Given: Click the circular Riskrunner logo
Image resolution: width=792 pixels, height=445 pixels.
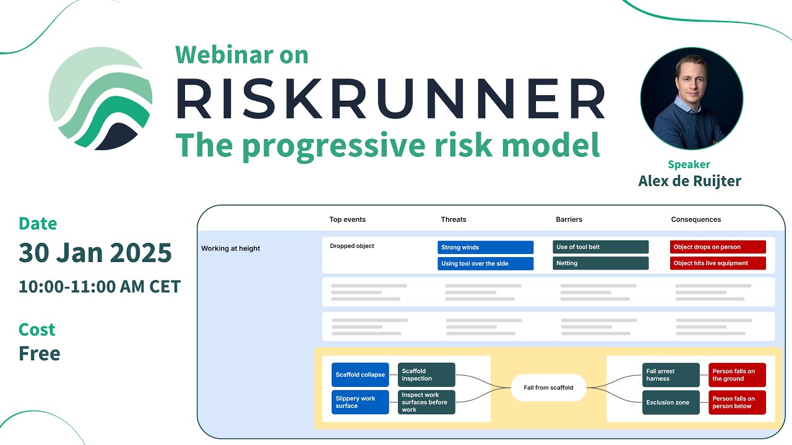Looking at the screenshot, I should pos(101,98).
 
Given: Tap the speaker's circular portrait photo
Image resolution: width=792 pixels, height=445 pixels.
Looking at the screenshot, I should pos(691,98).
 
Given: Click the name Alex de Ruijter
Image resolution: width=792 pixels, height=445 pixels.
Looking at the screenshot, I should pos(689,180).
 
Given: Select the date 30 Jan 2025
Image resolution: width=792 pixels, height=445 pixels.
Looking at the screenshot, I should pos(95,253).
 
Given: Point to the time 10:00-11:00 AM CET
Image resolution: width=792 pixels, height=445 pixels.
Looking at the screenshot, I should pos(100,287).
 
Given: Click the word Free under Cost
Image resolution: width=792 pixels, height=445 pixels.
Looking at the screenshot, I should pos(40,354).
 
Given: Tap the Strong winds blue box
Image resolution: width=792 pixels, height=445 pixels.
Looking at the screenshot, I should pos(485,247).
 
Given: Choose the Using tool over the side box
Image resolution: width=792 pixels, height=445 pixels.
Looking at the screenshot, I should pos(485,263).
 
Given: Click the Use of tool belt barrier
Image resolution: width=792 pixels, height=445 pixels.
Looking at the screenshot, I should pos(600,247).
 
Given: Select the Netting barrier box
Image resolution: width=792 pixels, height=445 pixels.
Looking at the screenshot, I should pos(600,263).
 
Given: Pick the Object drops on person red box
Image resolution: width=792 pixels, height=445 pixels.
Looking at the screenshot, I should pos(718,247).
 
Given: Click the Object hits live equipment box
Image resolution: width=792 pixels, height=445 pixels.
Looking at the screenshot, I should pos(718,263).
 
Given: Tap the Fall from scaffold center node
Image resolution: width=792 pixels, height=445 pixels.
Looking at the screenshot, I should pos(548,388).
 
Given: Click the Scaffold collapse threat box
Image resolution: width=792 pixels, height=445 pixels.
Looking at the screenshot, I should pos(360,375).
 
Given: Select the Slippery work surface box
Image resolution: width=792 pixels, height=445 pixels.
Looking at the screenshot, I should pos(360,402).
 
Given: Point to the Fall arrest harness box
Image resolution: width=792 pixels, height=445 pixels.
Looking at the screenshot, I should pos(671,375).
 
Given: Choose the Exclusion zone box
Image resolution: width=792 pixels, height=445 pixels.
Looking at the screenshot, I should pos(671,402).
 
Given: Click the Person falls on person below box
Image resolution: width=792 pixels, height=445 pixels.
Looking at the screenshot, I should pos(737,402).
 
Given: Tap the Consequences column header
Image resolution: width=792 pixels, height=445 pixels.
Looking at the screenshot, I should pos(695,219).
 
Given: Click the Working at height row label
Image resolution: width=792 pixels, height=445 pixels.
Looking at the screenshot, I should pos(231,248).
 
